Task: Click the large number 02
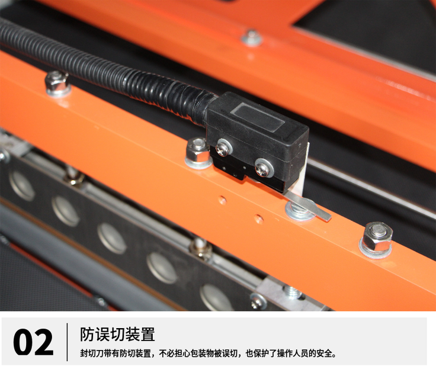[x=33, y=342]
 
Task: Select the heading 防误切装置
[x=117, y=334]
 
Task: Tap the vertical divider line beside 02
[x=67, y=342]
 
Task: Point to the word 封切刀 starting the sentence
[x=90, y=354]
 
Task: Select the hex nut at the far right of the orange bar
[x=376, y=235]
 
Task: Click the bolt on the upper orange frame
[x=252, y=37]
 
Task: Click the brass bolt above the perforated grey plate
[x=201, y=247]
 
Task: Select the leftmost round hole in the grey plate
[x=22, y=185]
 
